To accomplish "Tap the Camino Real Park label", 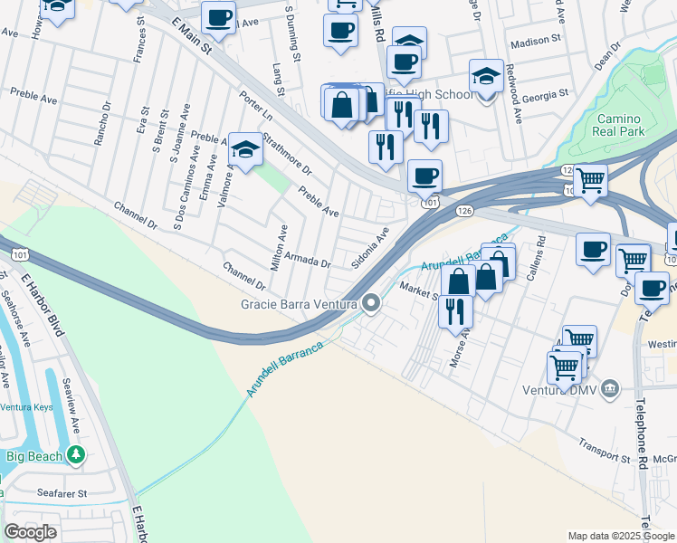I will (x=619, y=126).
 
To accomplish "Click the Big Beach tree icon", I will (x=79, y=454).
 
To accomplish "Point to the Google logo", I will (x=30, y=532).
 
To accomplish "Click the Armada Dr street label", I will (x=308, y=261).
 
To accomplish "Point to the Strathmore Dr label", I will (x=286, y=155).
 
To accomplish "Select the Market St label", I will (x=418, y=290).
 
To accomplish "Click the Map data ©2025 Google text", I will (x=620, y=536).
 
